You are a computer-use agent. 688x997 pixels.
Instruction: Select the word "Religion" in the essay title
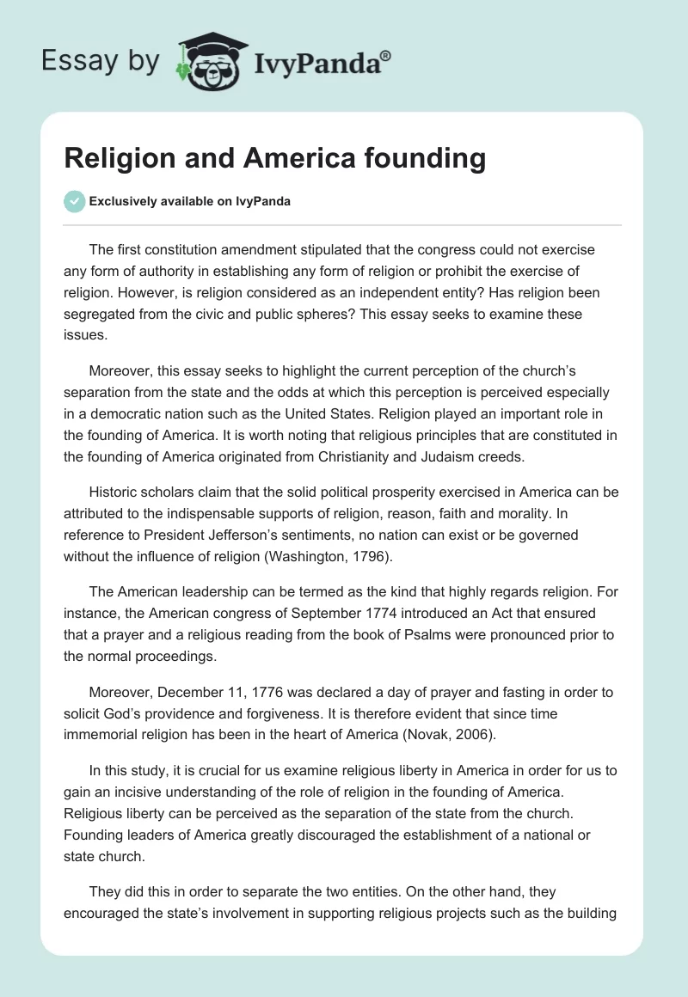point(124,159)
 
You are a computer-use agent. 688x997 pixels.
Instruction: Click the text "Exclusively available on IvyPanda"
point(189,201)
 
